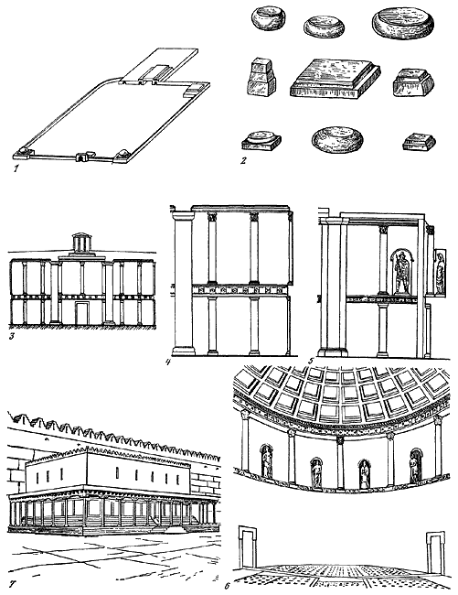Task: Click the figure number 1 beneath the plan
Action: click(x=16, y=168)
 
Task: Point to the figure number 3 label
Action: click(x=11, y=336)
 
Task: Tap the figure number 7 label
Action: click(x=12, y=585)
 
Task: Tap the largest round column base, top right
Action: click(x=403, y=24)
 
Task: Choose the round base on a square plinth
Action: click(x=261, y=141)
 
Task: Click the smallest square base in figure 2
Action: click(x=419, y=142)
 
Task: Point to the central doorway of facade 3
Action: click(x=81, y=313)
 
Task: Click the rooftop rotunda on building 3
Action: click(x=80, y=243)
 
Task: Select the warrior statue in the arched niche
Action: click(x=402, y=273)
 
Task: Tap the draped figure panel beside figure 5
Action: click(x=441, y=271)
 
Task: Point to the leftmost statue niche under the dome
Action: click(x=267, y=461)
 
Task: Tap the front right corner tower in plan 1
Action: click(x=122, y=156)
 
